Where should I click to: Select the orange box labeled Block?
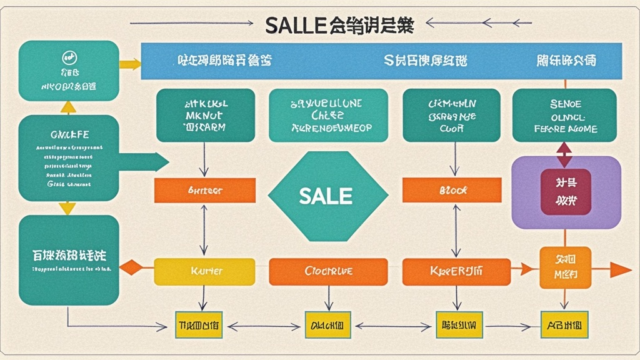point(451,190)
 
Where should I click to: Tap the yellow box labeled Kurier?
point(204,272)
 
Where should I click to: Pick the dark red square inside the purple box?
point(566,192)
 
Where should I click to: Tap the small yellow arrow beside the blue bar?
point(130,64)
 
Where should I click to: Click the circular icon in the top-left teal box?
point(69,57)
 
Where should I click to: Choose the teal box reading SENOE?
point(564,116)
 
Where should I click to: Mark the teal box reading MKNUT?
point(205,116)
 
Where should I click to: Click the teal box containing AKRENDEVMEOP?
point(328,116)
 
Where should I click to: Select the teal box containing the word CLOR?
point(451,116)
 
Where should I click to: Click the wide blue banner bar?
point(381,61)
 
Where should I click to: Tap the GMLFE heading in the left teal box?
point(69,134)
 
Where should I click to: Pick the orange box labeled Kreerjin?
point(451,272)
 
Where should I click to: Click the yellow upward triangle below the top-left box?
point(68,107)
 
